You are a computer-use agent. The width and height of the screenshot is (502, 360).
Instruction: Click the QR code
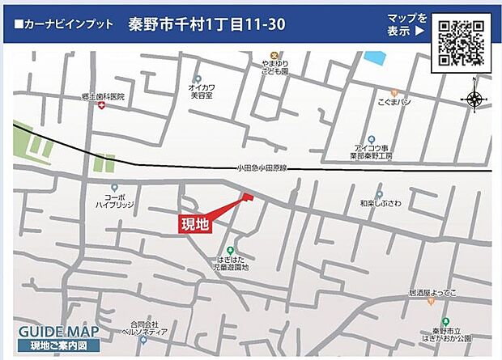461,41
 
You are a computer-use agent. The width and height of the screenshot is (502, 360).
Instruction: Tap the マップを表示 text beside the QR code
406,25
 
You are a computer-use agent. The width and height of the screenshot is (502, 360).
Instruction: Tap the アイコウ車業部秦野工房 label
372,151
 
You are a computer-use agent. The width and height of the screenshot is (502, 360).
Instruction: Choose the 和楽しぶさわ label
381,205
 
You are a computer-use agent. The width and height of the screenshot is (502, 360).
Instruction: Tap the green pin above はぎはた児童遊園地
231,250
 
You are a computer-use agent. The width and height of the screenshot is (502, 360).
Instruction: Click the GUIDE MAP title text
58,332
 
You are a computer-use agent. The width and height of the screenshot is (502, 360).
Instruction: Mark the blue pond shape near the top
375,58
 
